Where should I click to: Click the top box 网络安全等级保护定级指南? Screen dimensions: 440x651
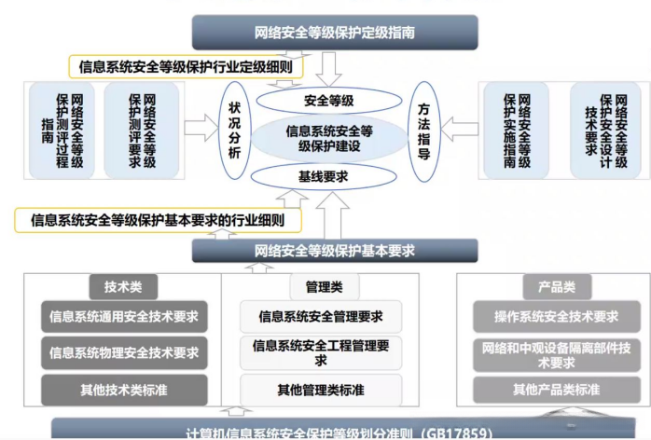click(335, 32)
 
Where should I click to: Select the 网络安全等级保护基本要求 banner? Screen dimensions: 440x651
click(335, 251)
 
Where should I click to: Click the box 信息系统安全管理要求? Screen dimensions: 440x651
click(321, 317)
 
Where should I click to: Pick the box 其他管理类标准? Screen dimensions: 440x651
click(321, 389)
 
